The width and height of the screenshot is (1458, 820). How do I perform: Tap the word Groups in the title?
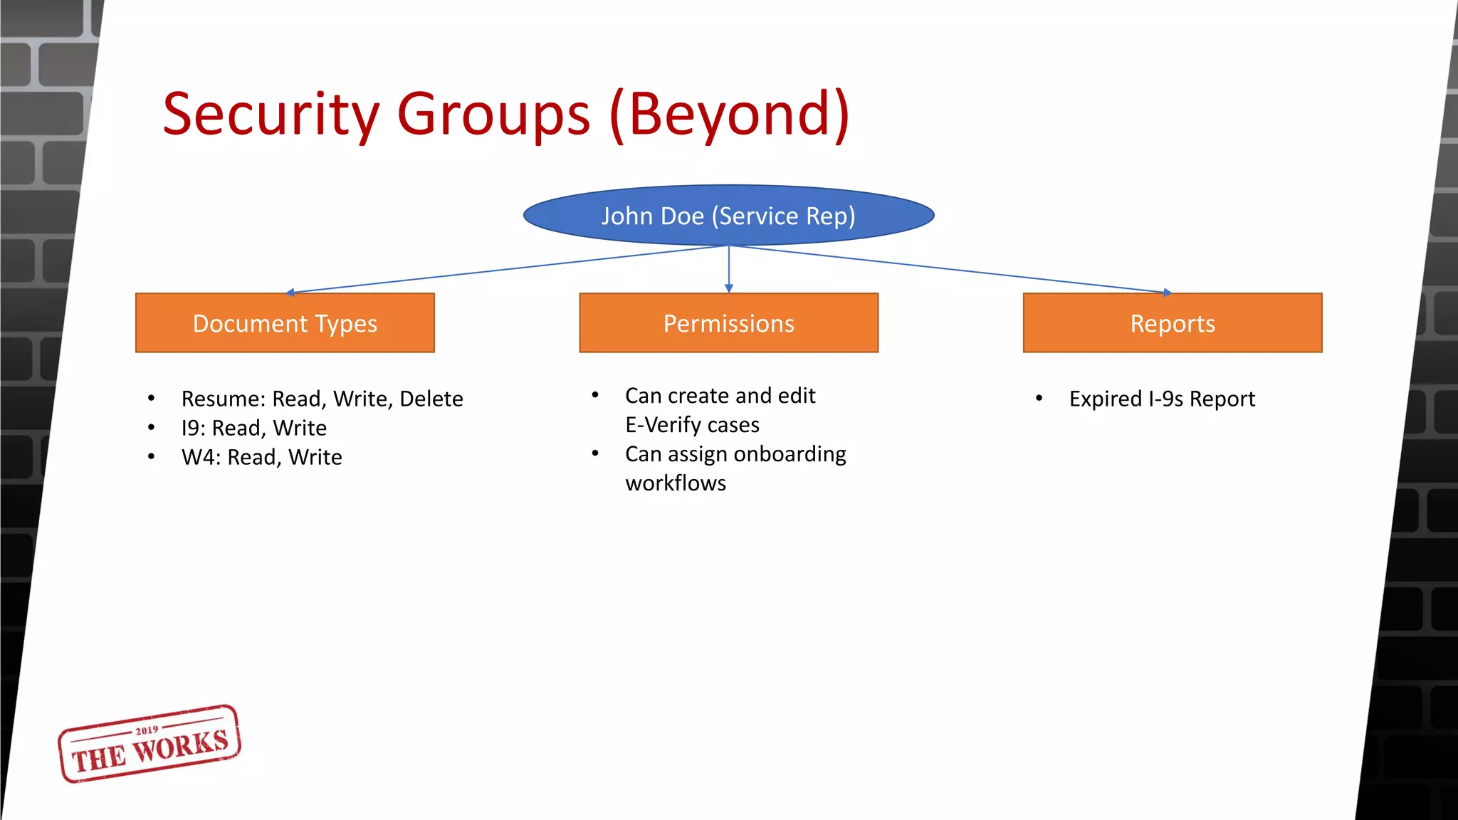tap(493, 115)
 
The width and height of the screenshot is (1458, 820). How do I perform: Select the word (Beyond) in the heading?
tap(730, 115)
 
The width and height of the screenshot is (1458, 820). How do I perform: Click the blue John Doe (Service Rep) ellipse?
tap(728, 216)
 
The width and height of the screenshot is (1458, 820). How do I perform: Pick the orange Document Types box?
tap(285, 323)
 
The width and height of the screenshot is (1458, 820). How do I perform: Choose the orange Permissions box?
tap(728, 323)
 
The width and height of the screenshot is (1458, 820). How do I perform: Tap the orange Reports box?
tap(1173, 323)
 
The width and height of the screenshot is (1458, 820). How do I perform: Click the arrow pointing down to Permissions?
tap(728, 270)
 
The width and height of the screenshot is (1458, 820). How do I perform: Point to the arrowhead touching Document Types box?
tap(290, 292)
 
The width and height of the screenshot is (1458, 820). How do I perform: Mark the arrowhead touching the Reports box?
tap(1166, 292)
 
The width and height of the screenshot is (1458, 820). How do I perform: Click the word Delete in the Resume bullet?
tap(431, 399)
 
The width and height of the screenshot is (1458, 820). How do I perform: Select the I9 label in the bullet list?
tap(192, 428)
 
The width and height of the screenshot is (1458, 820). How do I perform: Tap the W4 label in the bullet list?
tap(198, 457)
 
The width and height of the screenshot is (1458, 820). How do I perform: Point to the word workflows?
tap(676, 483)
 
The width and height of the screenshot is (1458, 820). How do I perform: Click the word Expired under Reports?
tap(1105, 399)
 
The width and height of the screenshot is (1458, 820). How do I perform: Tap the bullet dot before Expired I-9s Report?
tap(1039, 399)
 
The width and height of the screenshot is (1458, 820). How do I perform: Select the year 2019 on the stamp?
tap(147, 730)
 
